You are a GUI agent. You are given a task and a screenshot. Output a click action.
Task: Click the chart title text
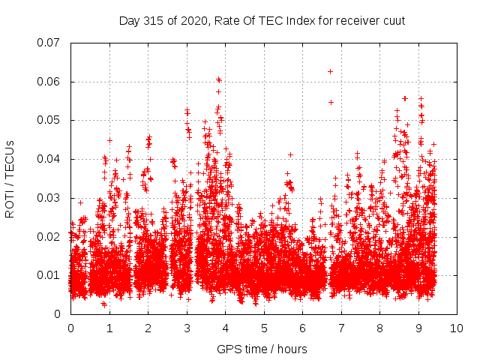point(262,20)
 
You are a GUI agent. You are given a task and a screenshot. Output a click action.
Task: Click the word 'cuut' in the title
point(393,20)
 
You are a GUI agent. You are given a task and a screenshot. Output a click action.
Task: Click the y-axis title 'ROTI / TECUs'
point(10,178)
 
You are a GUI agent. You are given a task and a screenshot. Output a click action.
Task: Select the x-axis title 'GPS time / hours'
point(262,349)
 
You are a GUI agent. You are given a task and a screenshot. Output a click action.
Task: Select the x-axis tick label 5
point(264,328)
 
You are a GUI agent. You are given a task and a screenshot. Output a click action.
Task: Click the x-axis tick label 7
point(341,328)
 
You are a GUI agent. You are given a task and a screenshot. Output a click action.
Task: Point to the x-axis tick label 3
point(187,328)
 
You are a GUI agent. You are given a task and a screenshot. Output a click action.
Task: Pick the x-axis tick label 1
point(109,328)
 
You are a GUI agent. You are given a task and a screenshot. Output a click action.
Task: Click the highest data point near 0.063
point(330,71)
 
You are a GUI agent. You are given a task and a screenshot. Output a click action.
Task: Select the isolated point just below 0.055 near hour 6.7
point(331,102)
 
